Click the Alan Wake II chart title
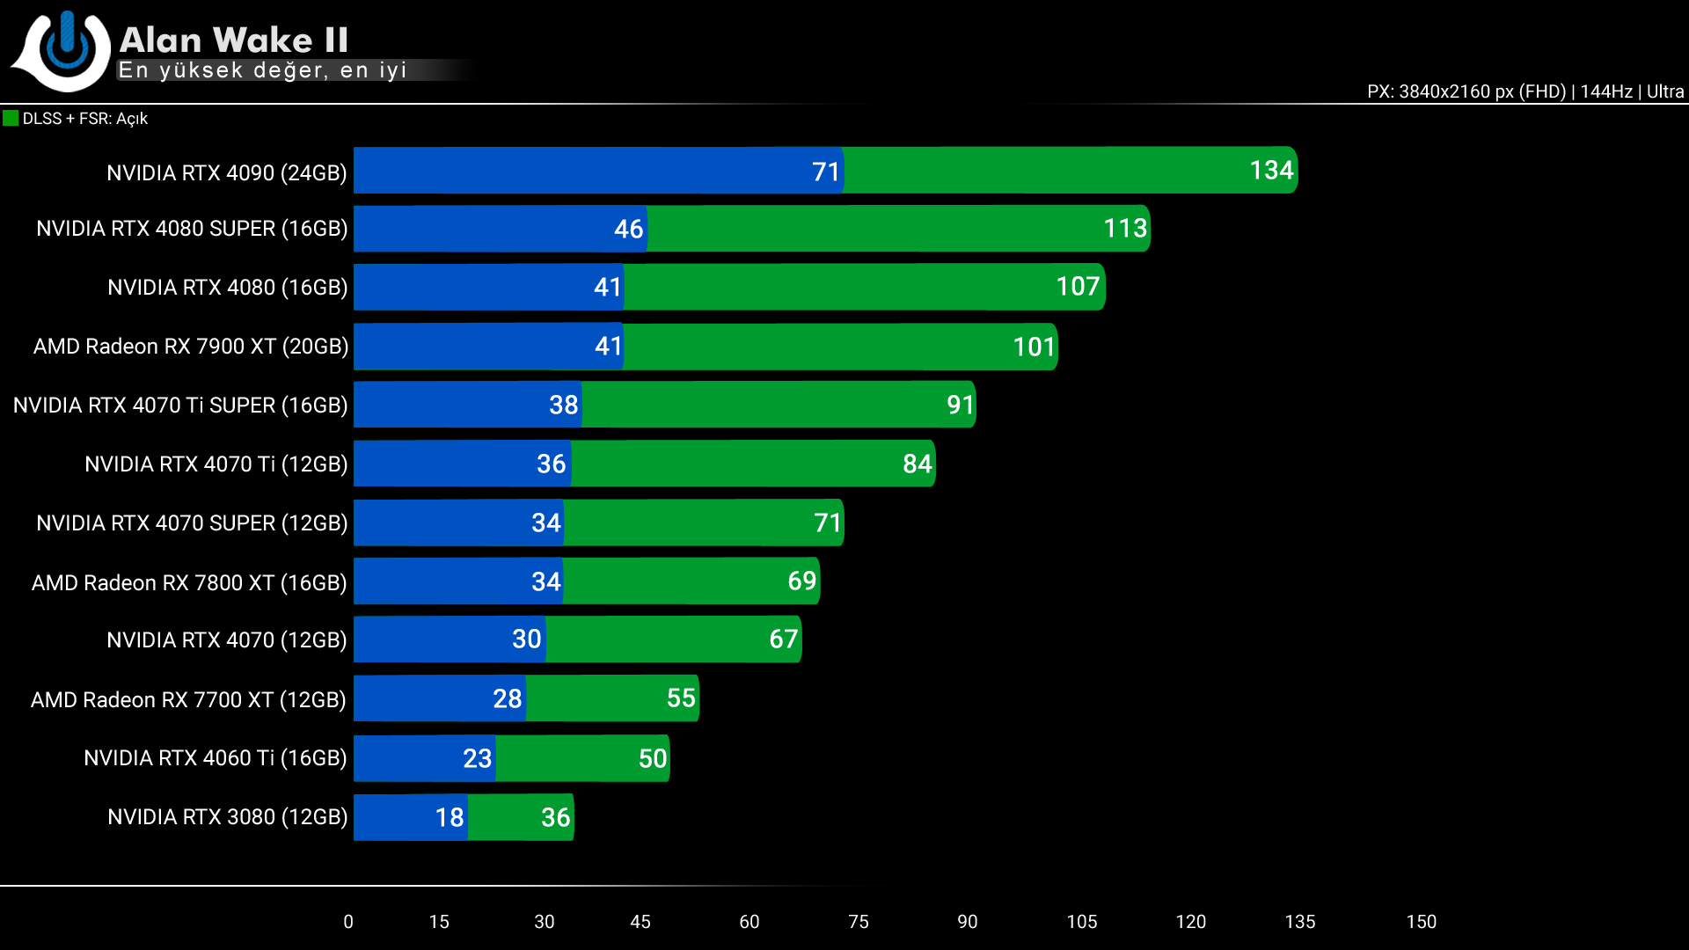pyautogui.click(x=233, y=40)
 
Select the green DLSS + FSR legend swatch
pyautogui.click(x=11, y=118)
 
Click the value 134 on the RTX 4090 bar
pyautogui.click(x=1271, y=171)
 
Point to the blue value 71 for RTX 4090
pyautogui.click(x=825, y=172)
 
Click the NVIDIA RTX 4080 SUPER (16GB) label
pyautogui.click(x=192, y=229)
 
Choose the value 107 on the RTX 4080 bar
pyautogui.click(x=1078, y=287)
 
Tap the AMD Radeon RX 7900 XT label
pyautogui.click(x=191, y=347)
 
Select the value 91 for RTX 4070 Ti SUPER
pyautogui.click(x=960, y=406)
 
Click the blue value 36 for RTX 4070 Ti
pyautogui.click(x=551, y=464)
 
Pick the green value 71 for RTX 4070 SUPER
pyautogui.click(x=827, y=523)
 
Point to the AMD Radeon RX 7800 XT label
pyautogui.click(x=189, y=582)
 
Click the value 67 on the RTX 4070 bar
pyautogui.click(x=783, y=639)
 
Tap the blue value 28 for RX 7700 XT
pyautogui.click(x=507, y=699)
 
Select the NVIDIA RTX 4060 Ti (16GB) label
pyautogui.click(x=216, y=758)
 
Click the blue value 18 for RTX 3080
pyautogui.click(x=449, y=818)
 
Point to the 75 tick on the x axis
pyautogui.click(x=858, y=922)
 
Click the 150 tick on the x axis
pyautogui.click(x=1421, y=922)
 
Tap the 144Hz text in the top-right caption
pyautogui.click(x=1605, y=91)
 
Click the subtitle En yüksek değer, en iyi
pyautogui.click(x=262, y=70)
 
